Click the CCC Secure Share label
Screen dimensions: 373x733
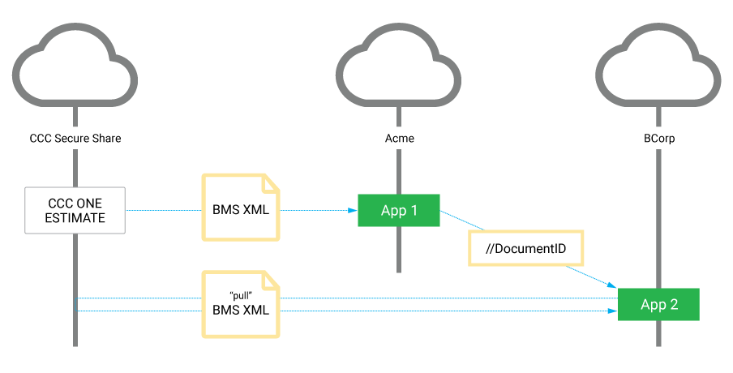tap(75, 139)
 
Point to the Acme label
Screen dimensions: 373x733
tap(399, 139)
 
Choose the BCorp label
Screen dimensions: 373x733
tap(658, 139)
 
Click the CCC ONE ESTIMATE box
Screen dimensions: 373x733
tap(75, 211)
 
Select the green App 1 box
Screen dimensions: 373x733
tap(399, 211)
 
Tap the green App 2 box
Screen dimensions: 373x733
tap(658, 305)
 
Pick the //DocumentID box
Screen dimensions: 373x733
tap(525, 249)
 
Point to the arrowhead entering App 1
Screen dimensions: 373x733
tap(353, 211)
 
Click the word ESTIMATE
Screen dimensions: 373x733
tap(75, 218)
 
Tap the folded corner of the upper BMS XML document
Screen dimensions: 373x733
tap(271, 181)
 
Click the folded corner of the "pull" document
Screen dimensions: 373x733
tap(271, 278)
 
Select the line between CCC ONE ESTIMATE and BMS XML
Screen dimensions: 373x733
tap(162, 211)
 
